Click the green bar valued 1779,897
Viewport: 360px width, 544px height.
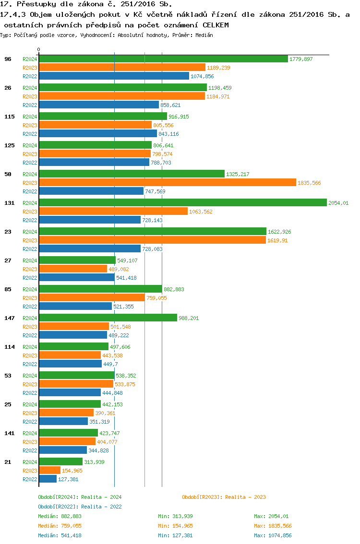[163, 59]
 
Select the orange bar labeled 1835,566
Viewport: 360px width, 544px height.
[168, 183]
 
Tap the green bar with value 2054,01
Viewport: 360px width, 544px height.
[183, 203]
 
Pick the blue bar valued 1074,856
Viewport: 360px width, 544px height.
[114, 76]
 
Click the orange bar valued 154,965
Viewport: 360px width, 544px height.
[50, 471]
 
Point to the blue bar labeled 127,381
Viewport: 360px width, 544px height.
[48, 479]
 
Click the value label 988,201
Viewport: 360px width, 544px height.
[189, 318]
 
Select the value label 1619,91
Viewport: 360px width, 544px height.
[277, 240]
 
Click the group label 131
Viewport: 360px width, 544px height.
[9, 203]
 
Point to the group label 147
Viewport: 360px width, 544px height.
[9, 318]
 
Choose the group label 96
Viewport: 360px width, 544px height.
[8, 59]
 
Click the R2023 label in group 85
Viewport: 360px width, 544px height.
[30, 298]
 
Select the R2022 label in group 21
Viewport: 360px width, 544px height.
[30, 479]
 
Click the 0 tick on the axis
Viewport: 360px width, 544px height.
[39, 49]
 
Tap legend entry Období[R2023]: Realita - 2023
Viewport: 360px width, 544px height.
[224, 497]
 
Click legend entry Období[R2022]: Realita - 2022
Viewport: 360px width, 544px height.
[80, 507]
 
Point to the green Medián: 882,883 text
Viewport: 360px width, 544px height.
[60, 516]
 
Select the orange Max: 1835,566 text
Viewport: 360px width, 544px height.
[273, 526]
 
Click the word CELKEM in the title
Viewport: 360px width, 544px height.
[216, 24]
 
